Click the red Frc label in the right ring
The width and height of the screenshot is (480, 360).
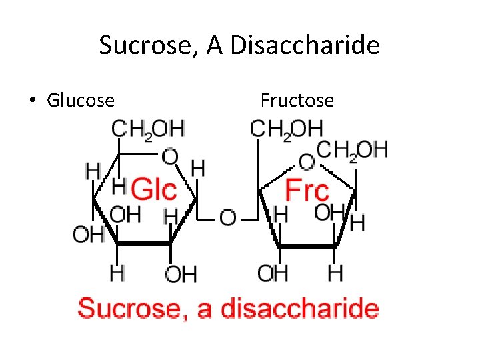pos(307,190)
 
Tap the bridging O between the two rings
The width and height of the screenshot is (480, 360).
pos(227,217)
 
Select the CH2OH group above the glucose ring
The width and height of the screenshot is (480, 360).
pos(148,129)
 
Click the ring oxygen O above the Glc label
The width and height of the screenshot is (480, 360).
pos(170,158)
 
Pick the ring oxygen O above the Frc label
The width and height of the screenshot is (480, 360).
pos(306,162)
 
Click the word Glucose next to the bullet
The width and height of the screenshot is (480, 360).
pos(81,101)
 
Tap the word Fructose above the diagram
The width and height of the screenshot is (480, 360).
pos(297,101)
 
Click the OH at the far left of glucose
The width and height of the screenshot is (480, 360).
pos(88,235)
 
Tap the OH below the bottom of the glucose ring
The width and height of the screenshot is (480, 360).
pos(180,273)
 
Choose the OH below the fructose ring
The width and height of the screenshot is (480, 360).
pos(272,273)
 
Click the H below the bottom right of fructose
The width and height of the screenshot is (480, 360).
pos(335,273)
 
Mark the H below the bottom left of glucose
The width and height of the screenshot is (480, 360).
pos(117,273)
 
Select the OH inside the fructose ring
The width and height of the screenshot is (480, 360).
pos(328,213)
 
